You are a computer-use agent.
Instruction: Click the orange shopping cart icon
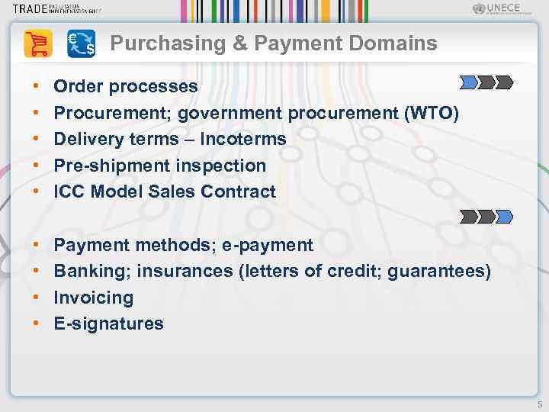tap(38, 43)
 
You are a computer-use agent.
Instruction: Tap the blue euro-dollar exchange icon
tap(81, 43)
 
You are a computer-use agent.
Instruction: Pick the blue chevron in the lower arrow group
tap(504, 217)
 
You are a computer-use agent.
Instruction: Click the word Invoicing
tap(93, 298)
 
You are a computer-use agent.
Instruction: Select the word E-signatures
tap(108, 323)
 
